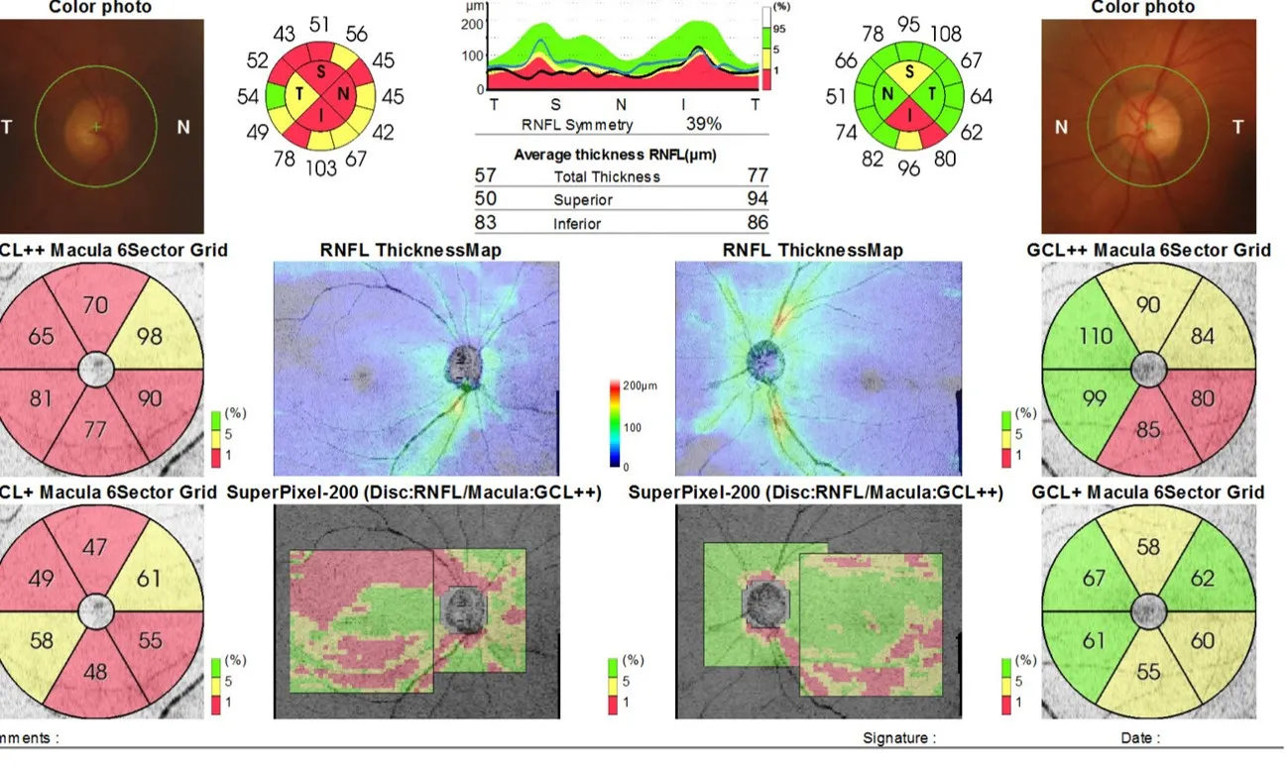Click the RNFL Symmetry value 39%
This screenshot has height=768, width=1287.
pyautogui.click(x=704, y=125)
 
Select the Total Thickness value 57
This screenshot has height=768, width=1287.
pyautogui.click(x=486, y=175)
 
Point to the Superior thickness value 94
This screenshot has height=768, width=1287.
pyautogui.click(x=758, y=199)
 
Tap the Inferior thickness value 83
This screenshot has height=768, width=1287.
pyautogui.click(x=486, y=223)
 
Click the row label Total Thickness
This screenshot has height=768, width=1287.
pyautogui.click(x=607, y=176)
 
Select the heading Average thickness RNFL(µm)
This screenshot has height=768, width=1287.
pyautogui.click(x=615, y=155)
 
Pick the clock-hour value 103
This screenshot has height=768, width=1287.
pyautogui.click(x=320, y=168)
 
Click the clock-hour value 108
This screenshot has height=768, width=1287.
pyautogui.click(x=944, y=34)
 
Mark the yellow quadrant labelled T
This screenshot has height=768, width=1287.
pyautogui.click(x=298, y=94)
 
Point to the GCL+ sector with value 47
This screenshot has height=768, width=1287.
pyautogui.click(x=95, y=548)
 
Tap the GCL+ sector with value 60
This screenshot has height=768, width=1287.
pyautogui.click(x=1202, y=641)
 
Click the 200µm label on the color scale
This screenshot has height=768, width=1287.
pyautogui.click(x=636, y=383)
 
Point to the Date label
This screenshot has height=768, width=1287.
pyautogui.click(x=1138, y=737)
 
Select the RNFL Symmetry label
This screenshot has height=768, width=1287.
pyautogui.click(x=576, y=126)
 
